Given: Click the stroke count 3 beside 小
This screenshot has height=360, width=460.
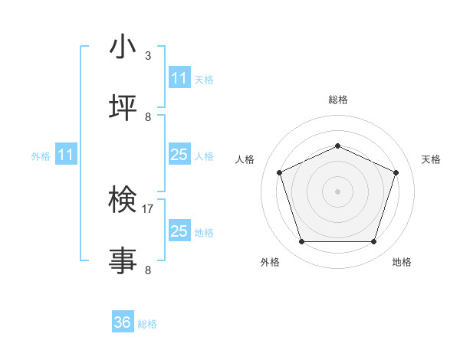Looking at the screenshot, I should tap(148, 55).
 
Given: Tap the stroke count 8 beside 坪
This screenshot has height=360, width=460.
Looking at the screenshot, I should tap(148, 116).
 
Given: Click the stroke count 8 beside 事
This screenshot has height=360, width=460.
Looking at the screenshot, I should tap(148, 270).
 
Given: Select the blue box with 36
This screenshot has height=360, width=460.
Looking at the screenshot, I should tap(123, 322).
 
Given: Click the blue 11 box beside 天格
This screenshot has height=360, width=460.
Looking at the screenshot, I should tap(179, 78).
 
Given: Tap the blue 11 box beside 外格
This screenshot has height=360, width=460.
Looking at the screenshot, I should tap(66, 155).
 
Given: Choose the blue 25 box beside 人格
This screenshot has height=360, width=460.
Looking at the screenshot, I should tap(179, 155).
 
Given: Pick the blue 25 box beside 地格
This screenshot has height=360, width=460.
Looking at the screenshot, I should tap(179, 231).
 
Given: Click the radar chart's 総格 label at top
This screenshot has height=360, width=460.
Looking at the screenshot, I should tap(338, 100).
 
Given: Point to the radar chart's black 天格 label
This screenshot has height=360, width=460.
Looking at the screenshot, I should tap(431, 159).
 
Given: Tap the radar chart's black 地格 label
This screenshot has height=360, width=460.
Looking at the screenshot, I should tap(402, 262).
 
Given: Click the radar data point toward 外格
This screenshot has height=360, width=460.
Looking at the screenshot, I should tap(301, 242).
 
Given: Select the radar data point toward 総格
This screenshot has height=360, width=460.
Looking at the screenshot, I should tap(337, 145).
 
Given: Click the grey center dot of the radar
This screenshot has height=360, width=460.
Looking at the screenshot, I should tap(337, 191).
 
